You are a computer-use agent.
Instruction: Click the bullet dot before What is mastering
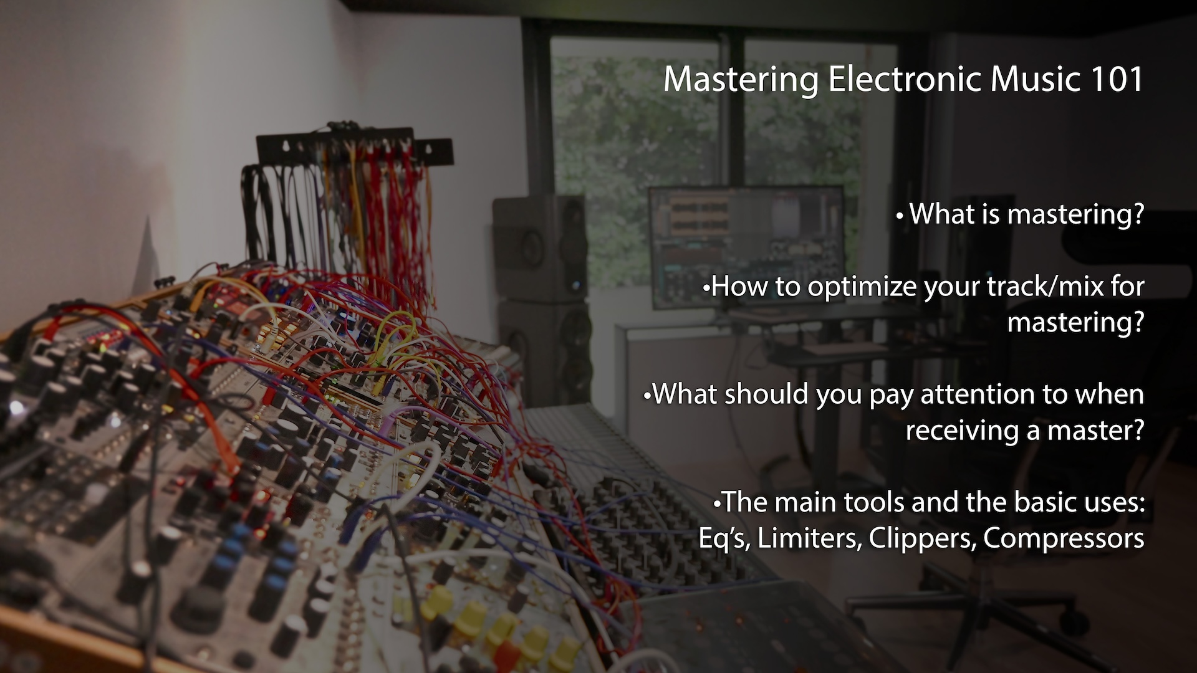point(899,217)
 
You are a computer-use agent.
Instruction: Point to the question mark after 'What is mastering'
point(1138,214)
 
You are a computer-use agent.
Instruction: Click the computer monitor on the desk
point(746,247)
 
